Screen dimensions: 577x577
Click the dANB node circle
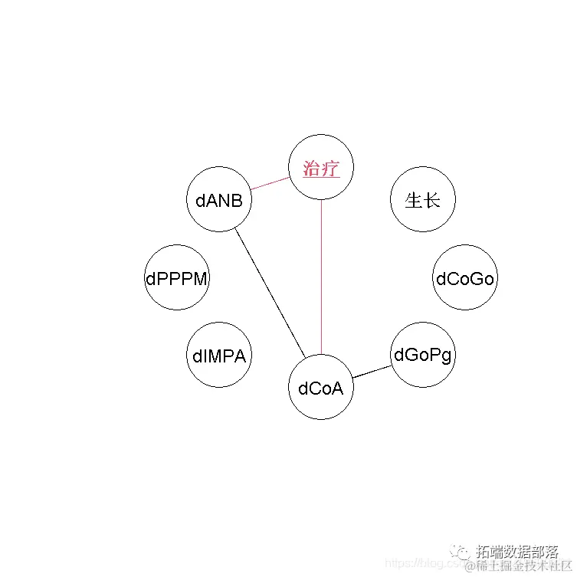(219, 201)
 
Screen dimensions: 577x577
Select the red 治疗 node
(321, 168)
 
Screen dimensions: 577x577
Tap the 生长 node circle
(423, 201)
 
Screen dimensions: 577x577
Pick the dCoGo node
(465, 279)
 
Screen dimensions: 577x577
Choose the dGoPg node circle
(423, 356)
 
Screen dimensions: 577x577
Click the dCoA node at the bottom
(321, 388)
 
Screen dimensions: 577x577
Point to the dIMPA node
(219, 356)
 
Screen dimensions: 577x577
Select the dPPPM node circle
(177, 279)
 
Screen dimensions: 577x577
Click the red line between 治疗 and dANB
(270, 185)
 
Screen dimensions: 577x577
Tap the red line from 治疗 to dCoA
(321, 276)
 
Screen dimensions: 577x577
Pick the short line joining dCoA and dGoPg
(372, 372)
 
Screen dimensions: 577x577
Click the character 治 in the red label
(312, 169)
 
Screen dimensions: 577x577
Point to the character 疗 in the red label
(331, 169)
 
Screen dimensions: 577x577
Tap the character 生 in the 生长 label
(414, 201)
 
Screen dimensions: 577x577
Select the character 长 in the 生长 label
(432, 201)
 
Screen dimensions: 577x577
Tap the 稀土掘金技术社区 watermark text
(520, 566)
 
